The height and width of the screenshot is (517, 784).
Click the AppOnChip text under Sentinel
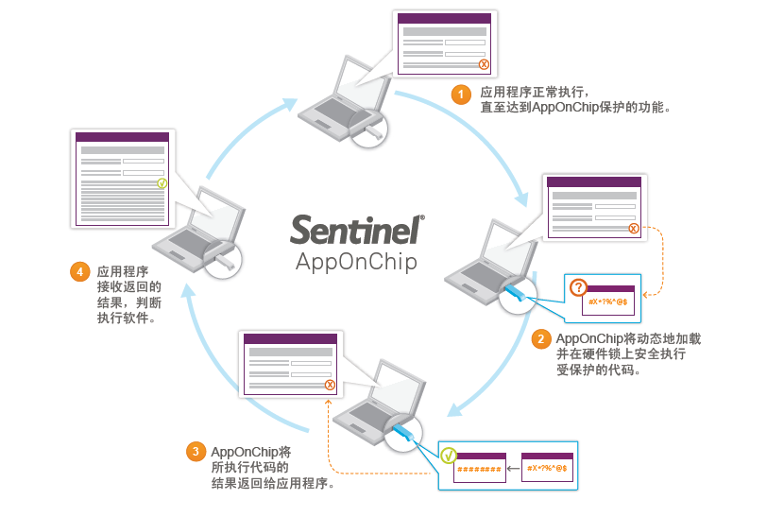pyautogui.click(x=355, y=261)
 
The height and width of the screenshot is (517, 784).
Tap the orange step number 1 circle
pyautogui.click(x=460, y=95)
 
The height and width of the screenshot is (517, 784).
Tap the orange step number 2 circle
pyautogui.click(x=540, y=339)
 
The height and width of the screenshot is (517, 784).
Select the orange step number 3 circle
pyautogui.click(x=196, y=452)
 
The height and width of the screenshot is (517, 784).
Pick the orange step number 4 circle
pyautogui.click(x=80, y=272)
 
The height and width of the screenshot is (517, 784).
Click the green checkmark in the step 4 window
pyautogui.click(x=162, y=182)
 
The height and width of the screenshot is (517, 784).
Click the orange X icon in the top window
pyautogui.click(x=484, y=64)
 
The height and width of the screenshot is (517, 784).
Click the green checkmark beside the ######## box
pyautogui.click(x=450, y=456)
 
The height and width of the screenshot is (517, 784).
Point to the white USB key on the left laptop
pyautogui.click(x=224, y=257)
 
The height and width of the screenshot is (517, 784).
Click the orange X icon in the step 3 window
pyautogui.click(x=330, y=385)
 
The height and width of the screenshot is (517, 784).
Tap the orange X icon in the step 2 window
pyautogui.click(x=633, y=228)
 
